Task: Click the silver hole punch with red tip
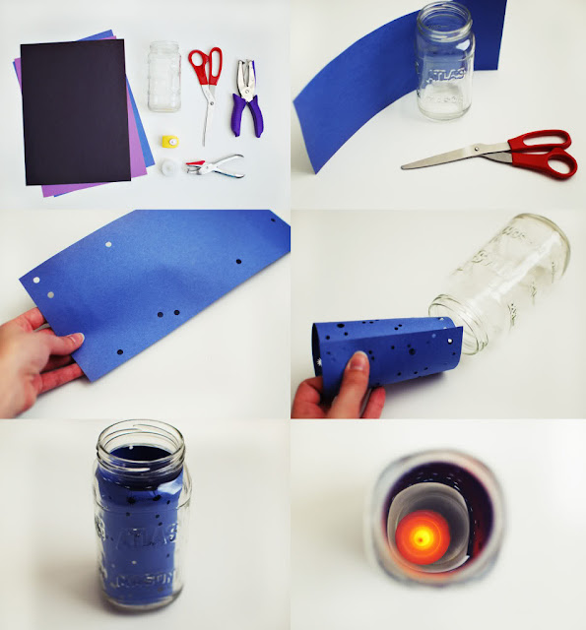click(x=218, y=164)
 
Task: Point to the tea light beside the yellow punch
click(x=170, y=169)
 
